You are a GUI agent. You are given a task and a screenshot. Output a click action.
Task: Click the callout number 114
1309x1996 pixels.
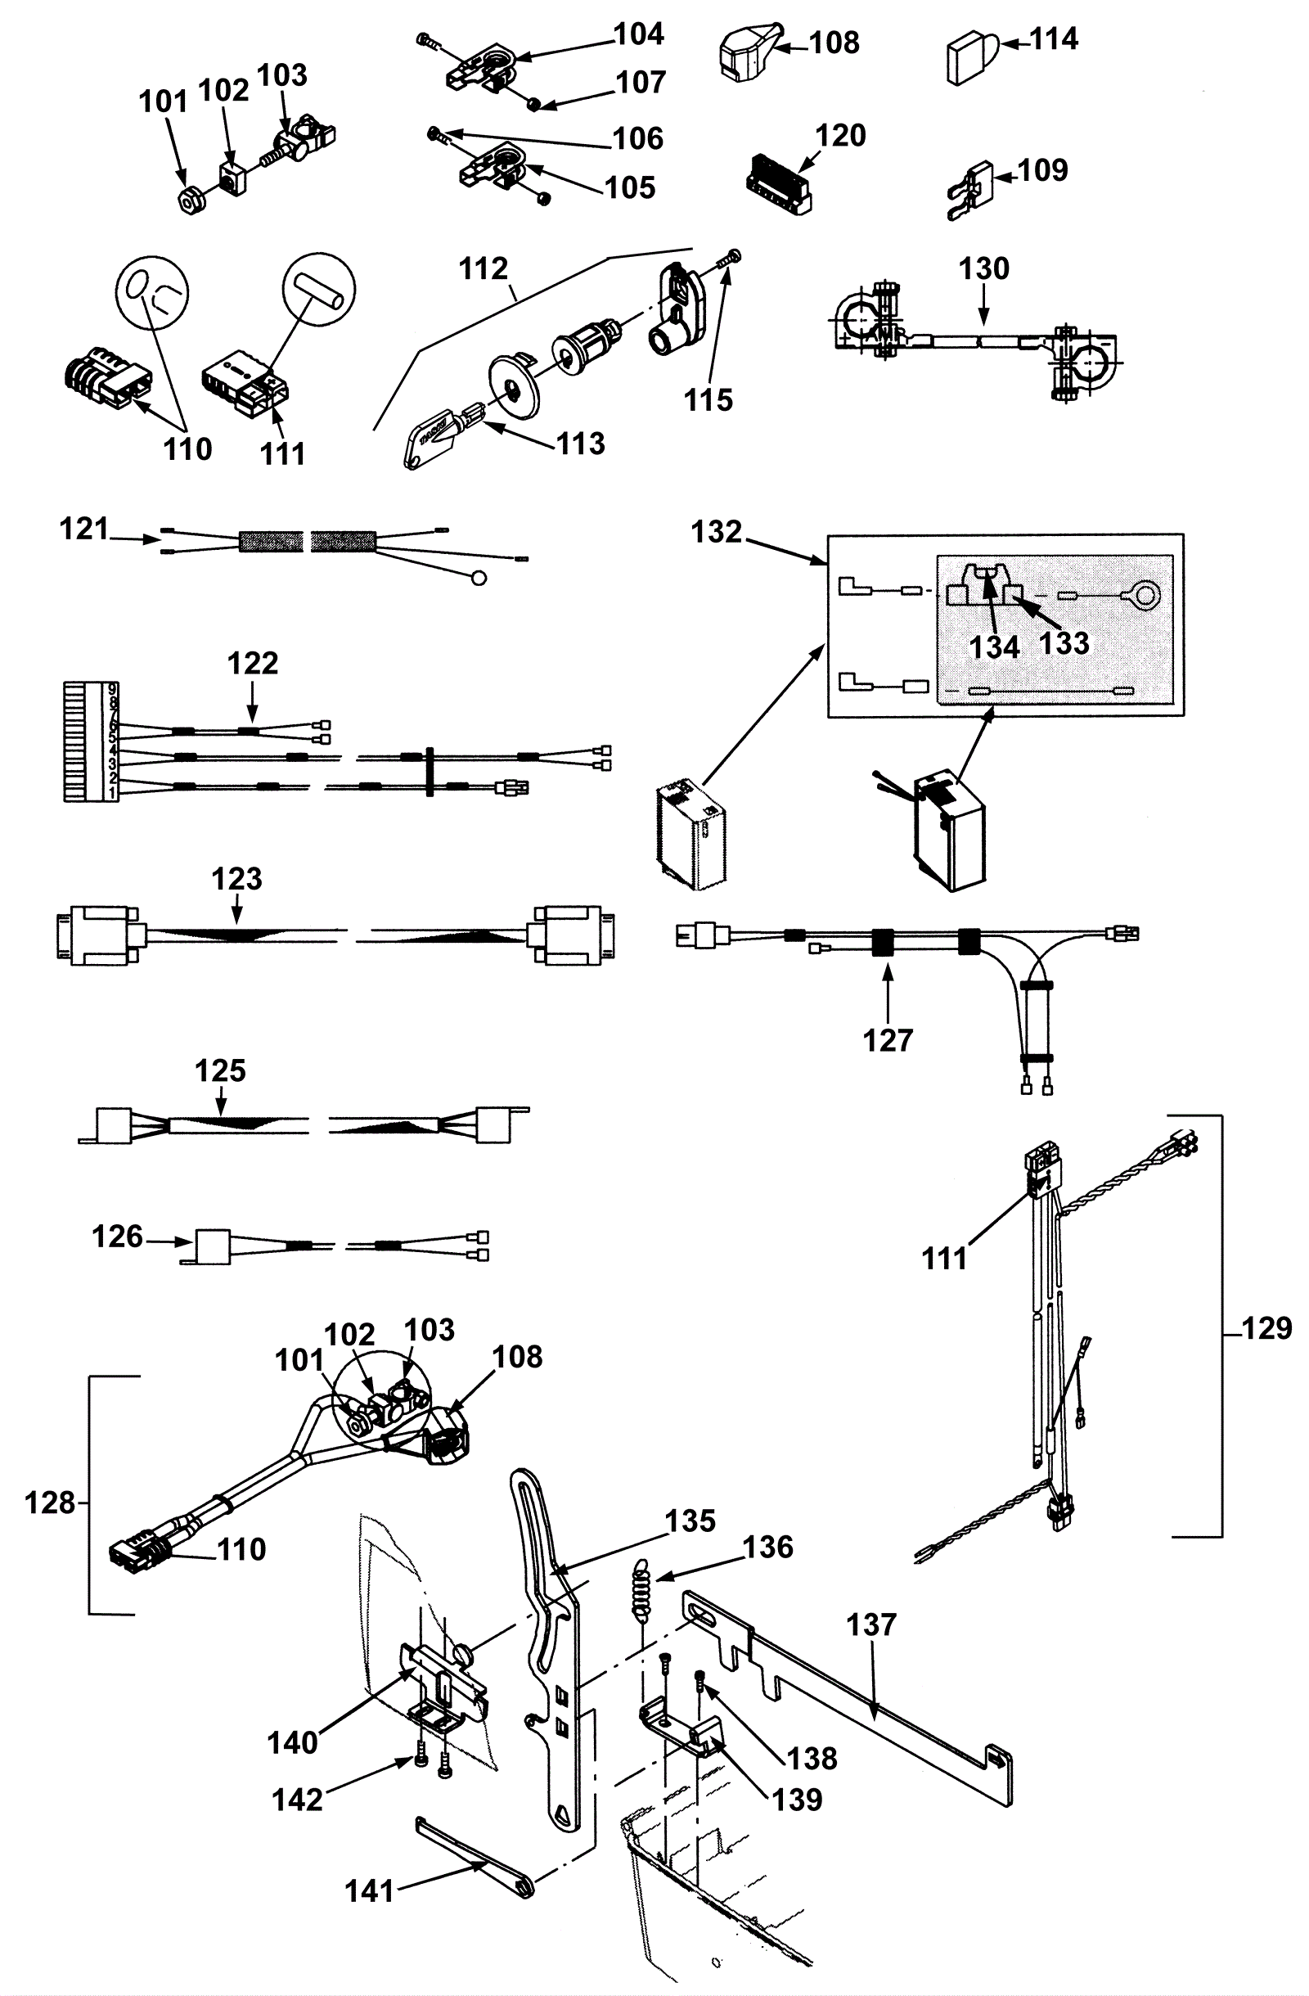(x=1054, y=39)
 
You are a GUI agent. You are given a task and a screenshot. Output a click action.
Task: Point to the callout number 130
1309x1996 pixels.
(x=984, y=269)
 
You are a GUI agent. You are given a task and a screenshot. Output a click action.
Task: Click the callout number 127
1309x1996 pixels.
(x=887, y=1041)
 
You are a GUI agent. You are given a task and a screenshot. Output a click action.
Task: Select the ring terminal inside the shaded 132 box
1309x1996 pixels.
(x=1141, y=597)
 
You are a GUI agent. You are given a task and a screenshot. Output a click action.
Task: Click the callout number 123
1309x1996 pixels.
(x=236, y=879)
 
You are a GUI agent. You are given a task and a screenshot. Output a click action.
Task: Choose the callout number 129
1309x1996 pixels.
(x=1267, y=1328)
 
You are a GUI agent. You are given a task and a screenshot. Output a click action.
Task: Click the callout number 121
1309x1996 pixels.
(x=83, y=529)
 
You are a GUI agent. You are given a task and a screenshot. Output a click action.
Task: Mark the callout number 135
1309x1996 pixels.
(x=690, y=1521)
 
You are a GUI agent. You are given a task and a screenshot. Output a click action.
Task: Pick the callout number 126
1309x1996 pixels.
(x=117, y=1237)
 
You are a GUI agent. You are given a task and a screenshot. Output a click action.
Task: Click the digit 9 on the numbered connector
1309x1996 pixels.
(x=113, y=691)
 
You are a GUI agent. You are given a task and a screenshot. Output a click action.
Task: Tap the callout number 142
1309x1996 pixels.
(x=298, y=1800)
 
